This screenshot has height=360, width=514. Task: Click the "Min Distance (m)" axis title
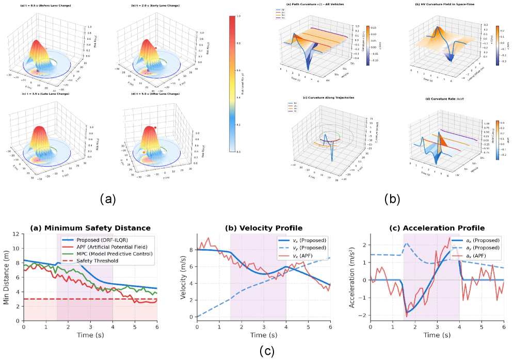point(6,277)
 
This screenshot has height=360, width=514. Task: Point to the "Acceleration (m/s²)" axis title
point(352,277)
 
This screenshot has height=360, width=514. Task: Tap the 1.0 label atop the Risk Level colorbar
point(238,17)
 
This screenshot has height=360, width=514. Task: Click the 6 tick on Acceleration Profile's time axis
point(504,327)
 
